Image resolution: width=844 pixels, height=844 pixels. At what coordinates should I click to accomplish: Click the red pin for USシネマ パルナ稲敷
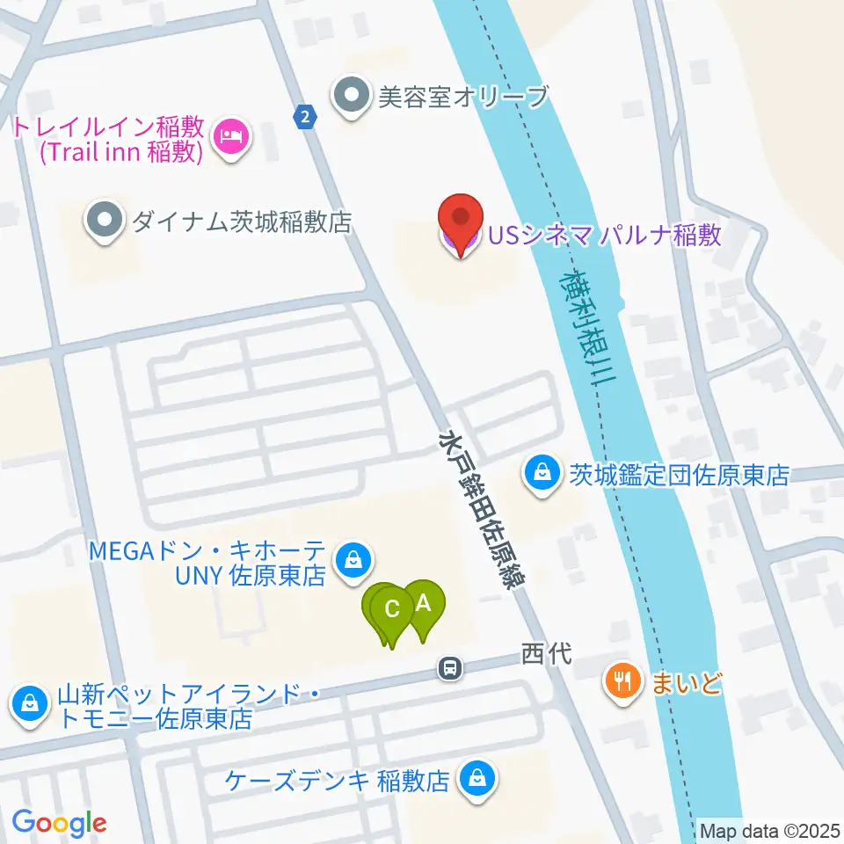pyautogui.click(x=463, y=220)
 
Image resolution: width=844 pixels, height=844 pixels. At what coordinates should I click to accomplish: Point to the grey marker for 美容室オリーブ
pyautogui.click(x=353, y=95)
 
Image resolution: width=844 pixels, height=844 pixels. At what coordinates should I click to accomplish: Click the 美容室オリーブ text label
pyautogui.click(x=462, y=96)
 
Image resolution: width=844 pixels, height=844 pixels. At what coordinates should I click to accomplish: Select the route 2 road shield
pyautogui.click(x=304, y=116)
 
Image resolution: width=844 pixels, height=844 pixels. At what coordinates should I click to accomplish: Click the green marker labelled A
pyautogui.click(x=425, y=606)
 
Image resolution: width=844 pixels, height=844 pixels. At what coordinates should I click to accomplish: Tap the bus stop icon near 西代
pyautogui.click(x=449, y=669)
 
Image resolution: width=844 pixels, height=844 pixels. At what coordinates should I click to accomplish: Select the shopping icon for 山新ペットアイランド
pyautogui.click(x=31, y=703)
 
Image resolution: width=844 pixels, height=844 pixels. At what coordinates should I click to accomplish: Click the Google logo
pyautogui.click(x=59, y=823)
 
